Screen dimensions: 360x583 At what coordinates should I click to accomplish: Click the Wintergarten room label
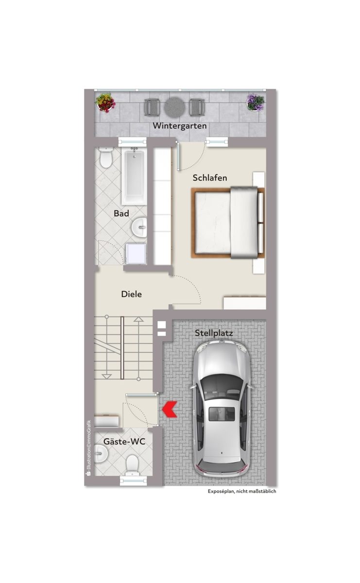[180, 126]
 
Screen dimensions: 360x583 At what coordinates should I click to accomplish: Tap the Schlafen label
[210, 178]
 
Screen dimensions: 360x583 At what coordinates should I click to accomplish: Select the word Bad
[121, 213]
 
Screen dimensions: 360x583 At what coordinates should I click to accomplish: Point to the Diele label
[132, 294]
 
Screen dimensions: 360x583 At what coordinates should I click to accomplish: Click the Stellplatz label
[214, 333]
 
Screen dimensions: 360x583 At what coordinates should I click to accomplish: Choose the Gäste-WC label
[124, 442]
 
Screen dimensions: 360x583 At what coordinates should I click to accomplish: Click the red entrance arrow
[170, 409]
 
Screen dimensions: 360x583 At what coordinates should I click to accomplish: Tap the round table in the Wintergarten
[175, 107]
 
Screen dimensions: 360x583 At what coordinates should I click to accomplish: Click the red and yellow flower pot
[105, 103]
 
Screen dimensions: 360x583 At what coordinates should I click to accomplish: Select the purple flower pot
[256, 103]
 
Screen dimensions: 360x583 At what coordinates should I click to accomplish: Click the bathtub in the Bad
[134, 176]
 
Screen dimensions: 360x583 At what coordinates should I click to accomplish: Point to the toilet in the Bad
[106, 158]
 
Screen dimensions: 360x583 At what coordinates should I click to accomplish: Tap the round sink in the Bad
[139, 227]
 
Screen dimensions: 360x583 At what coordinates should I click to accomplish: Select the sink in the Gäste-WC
[101, 454]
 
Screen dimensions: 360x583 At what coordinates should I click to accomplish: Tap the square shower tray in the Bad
[136, 254]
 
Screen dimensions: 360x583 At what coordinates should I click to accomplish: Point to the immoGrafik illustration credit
[89, 448]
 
